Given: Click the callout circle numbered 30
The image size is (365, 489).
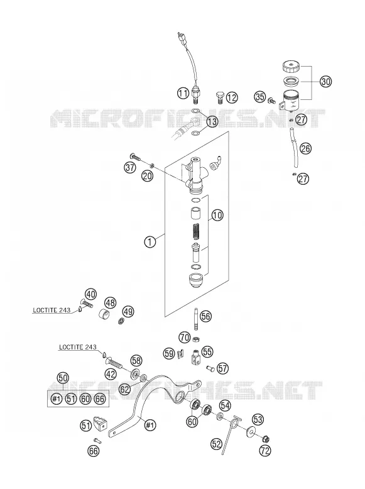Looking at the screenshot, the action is pos(325,82).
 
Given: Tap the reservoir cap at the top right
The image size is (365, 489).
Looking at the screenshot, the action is pos(291,67).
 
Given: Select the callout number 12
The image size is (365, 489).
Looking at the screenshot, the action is pos(232,98).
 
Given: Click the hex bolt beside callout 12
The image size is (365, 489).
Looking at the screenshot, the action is pos(219,97).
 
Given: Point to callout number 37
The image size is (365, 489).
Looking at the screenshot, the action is pos(130,167).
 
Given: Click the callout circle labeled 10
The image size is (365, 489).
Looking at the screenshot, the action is pos(217,215).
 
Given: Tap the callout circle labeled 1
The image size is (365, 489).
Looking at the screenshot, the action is pos(150,241).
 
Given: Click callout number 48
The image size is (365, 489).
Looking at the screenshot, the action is pos(110,302).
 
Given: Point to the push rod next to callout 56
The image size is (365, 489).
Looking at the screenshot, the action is pos(196,319).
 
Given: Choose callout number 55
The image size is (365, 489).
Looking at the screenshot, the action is pos(207,352).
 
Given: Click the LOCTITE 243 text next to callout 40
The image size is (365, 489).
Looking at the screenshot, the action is pos(49,310).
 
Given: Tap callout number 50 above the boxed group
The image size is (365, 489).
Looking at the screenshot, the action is pos(63,378).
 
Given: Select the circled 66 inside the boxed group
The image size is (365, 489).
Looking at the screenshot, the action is pos(100,399).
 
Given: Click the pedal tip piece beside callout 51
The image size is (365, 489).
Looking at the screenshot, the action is pos(100,422).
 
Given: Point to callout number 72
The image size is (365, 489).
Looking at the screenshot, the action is pos(265,450).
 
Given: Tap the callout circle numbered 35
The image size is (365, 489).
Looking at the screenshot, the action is pos(260,97).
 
